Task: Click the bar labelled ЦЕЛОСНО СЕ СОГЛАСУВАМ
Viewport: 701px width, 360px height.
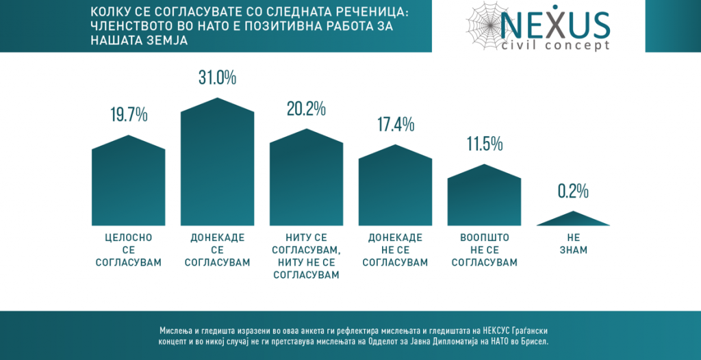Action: [129, 185]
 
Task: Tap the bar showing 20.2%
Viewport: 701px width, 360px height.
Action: [306, 181]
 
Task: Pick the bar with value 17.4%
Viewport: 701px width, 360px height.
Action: [395, 188]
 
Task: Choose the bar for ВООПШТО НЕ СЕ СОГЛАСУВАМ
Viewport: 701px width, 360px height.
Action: [484, 198]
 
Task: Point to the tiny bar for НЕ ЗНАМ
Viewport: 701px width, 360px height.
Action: [573, 220]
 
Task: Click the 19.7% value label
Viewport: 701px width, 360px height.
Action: [129, 115]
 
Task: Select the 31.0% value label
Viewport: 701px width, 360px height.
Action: [217, 77]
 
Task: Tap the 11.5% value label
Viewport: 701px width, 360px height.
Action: [484, 144]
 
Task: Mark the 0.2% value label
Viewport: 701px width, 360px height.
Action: [573, 192]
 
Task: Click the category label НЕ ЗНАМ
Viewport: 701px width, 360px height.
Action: [573, 244]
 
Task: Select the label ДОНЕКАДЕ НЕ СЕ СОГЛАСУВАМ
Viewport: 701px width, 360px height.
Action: [395, 250]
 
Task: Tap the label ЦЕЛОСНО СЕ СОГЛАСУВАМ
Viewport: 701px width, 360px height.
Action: [129, 250]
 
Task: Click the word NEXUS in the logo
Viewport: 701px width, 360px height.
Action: [555, 25]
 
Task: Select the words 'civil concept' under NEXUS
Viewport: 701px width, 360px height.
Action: [555, 46]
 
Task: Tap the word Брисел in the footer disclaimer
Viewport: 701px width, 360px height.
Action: [534, 340]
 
